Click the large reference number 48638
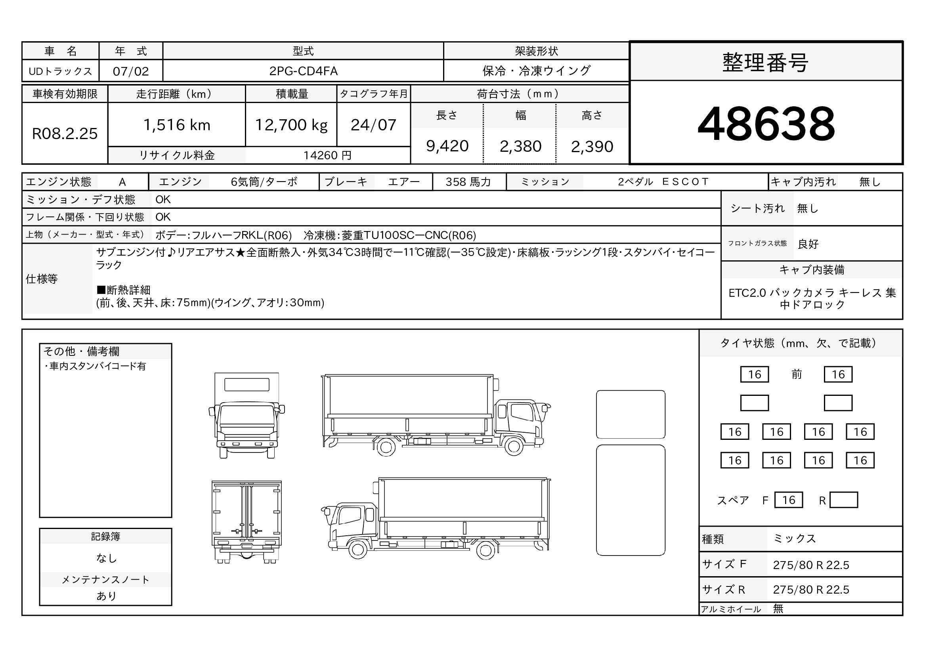point(766,124)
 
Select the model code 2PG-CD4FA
point(303,71)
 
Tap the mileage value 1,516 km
point(177,125)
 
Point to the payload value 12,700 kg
point(291,125)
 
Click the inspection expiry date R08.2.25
point(65,134)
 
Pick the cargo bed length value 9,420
point(447,146)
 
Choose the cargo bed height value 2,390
point(592,147)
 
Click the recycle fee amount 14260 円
point(327,155)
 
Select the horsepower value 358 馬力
point(468,182)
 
